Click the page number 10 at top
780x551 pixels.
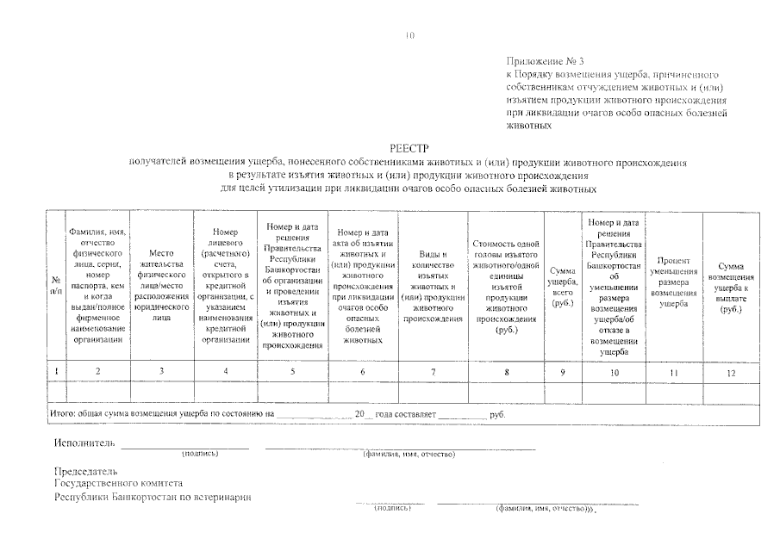(x=409, y=36)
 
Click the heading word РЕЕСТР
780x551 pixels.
(x=409, y=148)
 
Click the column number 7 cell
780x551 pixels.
(x=433, y=372)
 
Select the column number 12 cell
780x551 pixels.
(x=731, y=372)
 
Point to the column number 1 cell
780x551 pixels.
(x=56, y=372)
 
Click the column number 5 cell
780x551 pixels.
(x=293, y=372)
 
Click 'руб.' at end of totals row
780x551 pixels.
(x=497, y=414)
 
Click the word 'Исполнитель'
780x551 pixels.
(x=84, y=443)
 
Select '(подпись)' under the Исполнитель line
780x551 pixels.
(x=200, y=453)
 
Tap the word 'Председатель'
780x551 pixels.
(x=84, y=472)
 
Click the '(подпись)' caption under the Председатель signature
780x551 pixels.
(x=392, y=509)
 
